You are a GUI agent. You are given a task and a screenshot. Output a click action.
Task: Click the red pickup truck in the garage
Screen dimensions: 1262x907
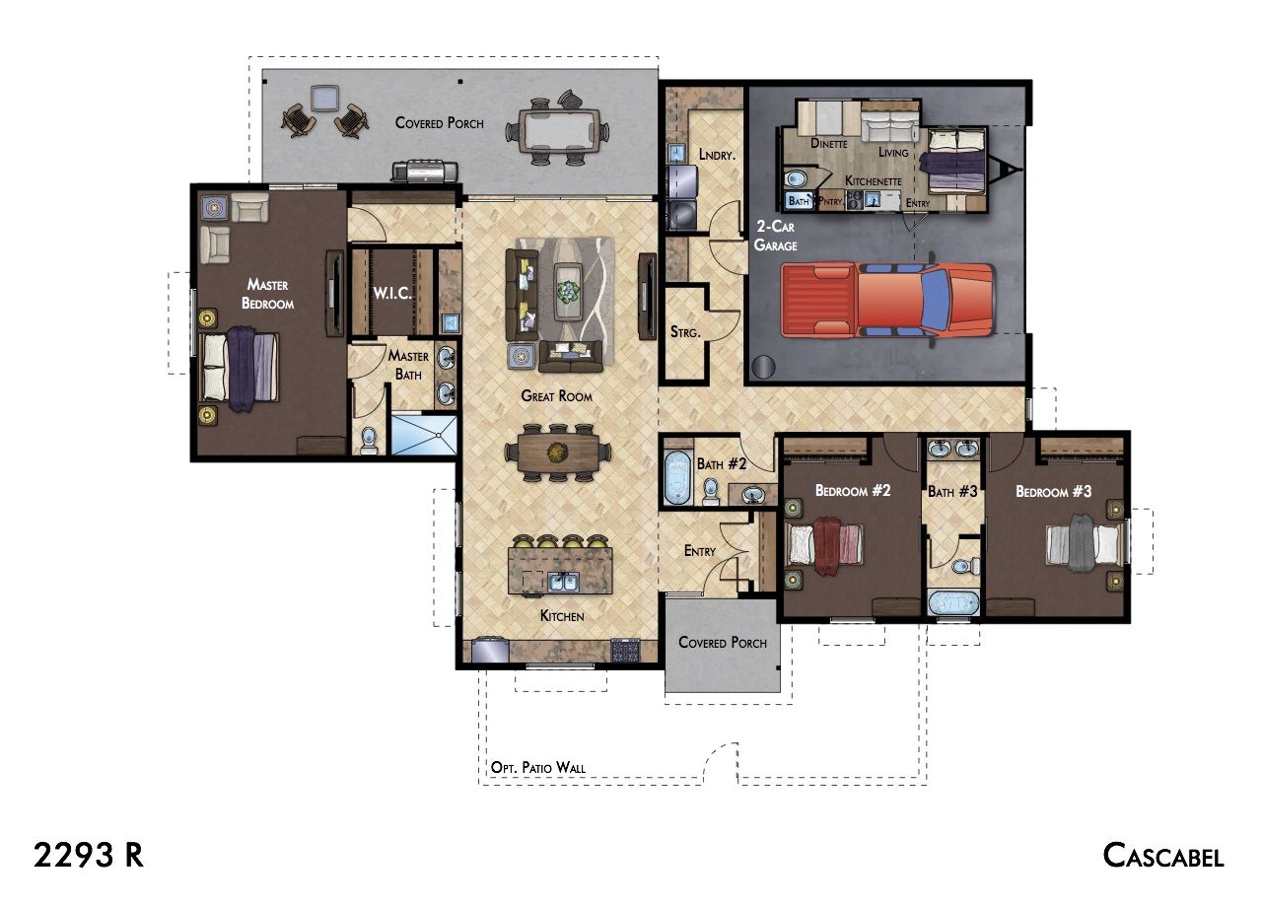click(x=888, y=301)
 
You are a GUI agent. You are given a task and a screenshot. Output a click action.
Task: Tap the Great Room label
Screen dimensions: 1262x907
click(x=557, y=396)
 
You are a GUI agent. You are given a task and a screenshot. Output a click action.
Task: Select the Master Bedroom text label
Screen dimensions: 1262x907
click(x=267, y=294)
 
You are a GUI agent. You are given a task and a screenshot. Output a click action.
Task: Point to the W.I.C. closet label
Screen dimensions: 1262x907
click(x=392, y=293)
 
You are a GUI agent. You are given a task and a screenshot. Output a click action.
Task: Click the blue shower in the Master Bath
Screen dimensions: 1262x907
click(x=424, y=435)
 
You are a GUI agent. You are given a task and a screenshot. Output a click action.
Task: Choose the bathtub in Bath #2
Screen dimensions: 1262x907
click(x=677, y=478)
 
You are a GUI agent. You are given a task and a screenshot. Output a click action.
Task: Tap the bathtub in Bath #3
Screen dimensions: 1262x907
click(x=953, y=602)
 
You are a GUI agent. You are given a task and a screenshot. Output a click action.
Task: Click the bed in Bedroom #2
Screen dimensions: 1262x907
click(x=824, y=545)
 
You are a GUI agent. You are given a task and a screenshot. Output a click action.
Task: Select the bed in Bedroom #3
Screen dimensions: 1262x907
click(x=1085, y=544)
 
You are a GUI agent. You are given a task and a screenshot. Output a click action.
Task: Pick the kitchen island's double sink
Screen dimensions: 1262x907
click(x=563, y=582)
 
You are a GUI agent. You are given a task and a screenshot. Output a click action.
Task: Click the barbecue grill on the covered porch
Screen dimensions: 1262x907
click(x=425, y=172)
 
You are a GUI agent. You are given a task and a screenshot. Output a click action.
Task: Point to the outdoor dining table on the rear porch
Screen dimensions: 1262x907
click(x=557, y=131)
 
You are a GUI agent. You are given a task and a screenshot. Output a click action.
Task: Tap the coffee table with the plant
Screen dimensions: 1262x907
click(x=569, y=292)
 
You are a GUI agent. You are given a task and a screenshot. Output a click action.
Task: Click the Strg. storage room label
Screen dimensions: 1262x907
click(x=685, y=332)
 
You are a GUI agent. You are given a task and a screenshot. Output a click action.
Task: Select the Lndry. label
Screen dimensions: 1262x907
click(x=717, y=155)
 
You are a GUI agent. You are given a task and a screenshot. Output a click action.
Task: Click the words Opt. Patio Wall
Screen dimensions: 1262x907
click(x=538, y=767)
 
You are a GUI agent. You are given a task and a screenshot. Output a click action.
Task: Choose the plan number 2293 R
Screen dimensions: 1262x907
click(x=89, y=856)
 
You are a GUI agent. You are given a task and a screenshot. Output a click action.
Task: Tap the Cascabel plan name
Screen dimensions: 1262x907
click(x=1163, y=856)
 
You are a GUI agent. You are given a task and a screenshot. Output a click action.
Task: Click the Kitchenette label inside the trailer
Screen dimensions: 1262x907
click(x=874, y=180)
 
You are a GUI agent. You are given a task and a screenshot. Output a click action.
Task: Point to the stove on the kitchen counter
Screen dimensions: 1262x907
click(x=625, y=651)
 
